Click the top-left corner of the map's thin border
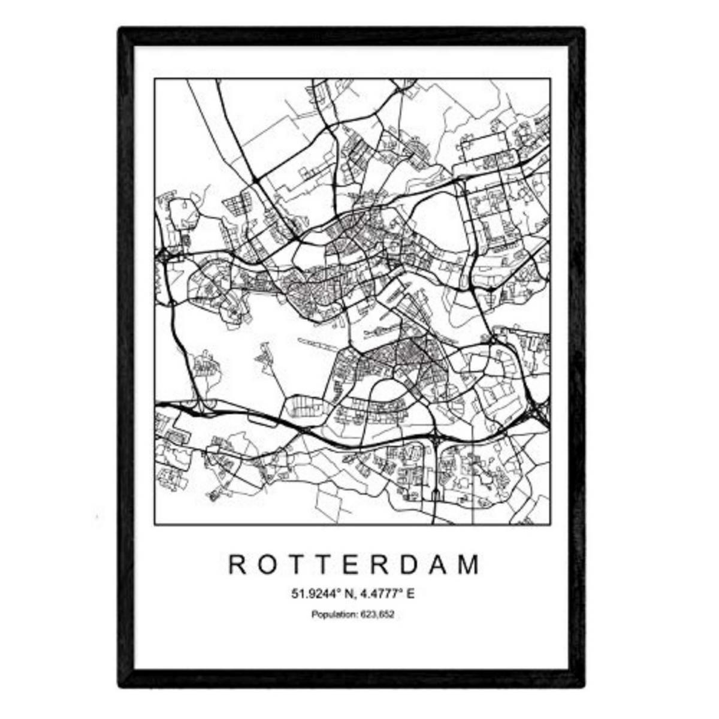[x=155, y=79]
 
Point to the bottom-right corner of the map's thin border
[x=550, y=525]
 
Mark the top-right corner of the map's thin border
[x=550, y=79]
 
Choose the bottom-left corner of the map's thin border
[x=155, y=525]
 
